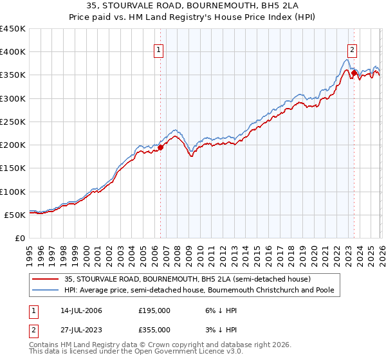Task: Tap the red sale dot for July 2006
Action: tap(160, 147)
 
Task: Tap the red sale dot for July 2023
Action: tap(354, 73)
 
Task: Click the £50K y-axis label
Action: tap(15, 215)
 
